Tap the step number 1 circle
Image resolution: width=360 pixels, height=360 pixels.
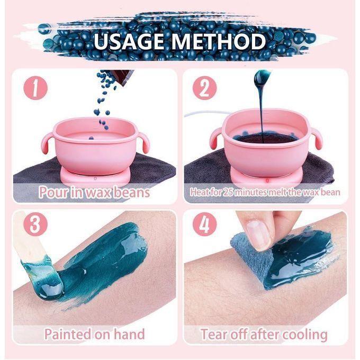35,88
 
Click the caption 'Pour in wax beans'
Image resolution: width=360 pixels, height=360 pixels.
94,192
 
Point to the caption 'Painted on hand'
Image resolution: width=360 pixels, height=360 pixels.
94,334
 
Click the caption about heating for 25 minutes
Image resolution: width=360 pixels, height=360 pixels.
265,192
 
